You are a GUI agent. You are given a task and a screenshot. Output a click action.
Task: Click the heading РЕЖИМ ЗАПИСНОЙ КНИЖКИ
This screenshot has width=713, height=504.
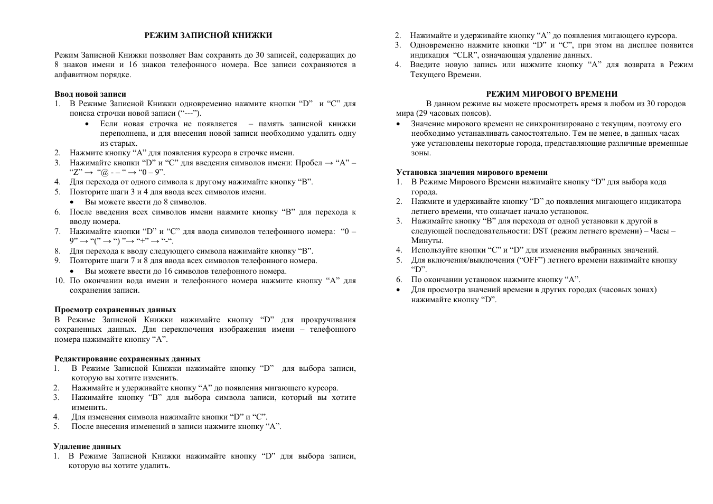(209, 35)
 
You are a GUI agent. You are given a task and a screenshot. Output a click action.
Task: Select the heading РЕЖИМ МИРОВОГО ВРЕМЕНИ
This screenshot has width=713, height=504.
(551, 94)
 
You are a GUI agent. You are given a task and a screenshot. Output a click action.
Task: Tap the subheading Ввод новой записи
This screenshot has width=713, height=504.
(90, 94)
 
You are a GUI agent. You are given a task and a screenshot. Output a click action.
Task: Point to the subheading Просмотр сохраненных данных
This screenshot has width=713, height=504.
(115, 310)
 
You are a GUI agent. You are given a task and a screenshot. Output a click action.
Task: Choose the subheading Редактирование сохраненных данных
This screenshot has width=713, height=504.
(127, 359)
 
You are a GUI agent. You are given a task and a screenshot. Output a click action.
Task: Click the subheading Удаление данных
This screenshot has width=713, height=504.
(87, 446)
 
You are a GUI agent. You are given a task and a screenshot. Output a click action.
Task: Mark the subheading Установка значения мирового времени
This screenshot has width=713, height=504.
(472, 172)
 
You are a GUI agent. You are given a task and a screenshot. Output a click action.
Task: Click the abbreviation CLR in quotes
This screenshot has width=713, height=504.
(465, 55)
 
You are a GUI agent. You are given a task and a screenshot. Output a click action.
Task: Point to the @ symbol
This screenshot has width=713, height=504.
(104, 173)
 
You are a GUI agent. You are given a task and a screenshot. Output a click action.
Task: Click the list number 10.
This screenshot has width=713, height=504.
(59, 281)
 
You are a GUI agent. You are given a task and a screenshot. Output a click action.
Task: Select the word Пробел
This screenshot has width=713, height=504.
(308, 163)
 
